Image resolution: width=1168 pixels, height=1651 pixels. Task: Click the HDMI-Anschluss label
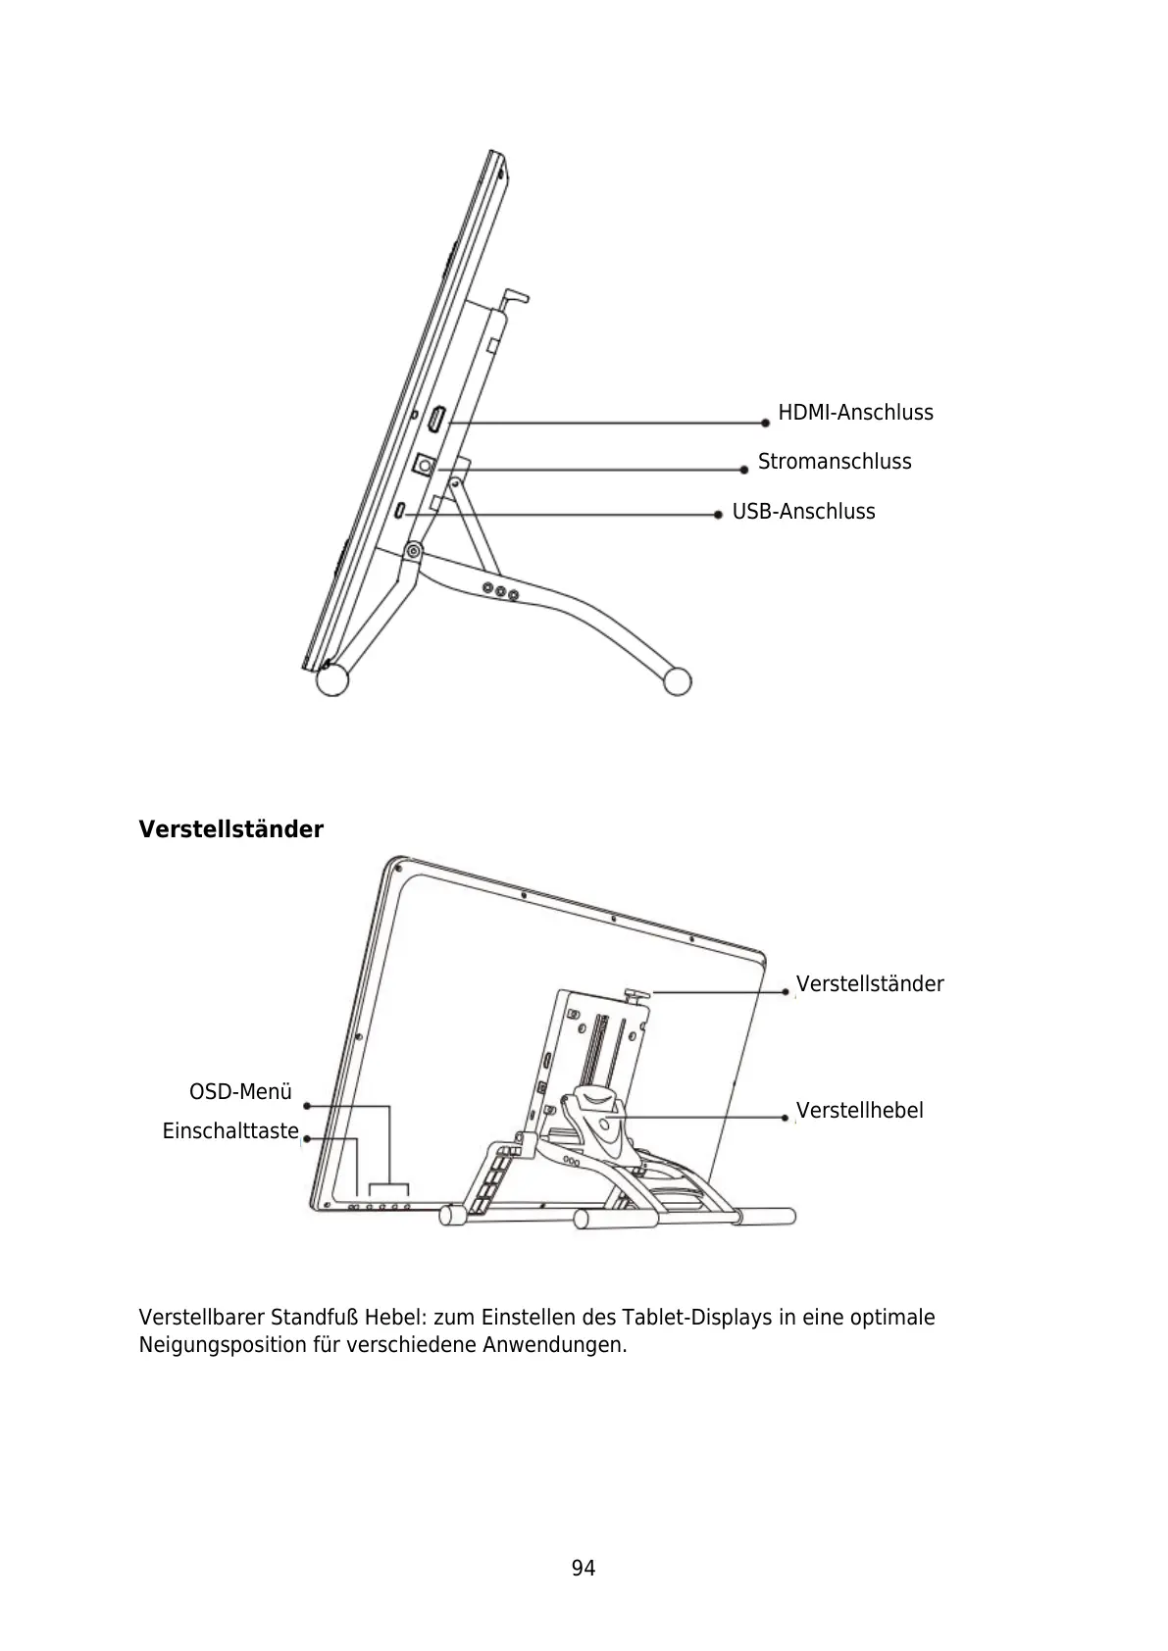pos(855,413)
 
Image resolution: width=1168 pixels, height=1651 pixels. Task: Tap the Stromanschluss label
pos(834,462)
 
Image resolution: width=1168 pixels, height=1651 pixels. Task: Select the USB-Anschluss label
pos(803,512)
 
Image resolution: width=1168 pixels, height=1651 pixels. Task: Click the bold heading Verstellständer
pos(230,829)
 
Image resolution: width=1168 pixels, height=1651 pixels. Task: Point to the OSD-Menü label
pos(240,1092)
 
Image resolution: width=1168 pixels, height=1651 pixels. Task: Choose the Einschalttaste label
pos(230,1131)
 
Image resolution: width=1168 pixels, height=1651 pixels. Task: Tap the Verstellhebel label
pos(859,1111)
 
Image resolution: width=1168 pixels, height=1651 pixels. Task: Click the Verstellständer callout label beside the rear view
pos(869,983)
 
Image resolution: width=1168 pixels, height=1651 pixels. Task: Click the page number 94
pos(584,1569)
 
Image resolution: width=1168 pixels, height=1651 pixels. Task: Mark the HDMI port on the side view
pos(436,421)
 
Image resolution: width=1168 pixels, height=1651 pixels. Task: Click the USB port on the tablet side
pos(402,512)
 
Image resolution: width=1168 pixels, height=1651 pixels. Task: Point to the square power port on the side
pos(425,464)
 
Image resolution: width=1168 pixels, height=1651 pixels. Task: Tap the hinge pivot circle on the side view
pos(414,552)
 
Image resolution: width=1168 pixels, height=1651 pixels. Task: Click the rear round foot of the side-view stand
pos(677,681)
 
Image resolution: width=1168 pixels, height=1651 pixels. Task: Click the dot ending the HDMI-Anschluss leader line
pos(766,423)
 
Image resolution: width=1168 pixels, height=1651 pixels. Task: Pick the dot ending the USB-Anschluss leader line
pos(719,513)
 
